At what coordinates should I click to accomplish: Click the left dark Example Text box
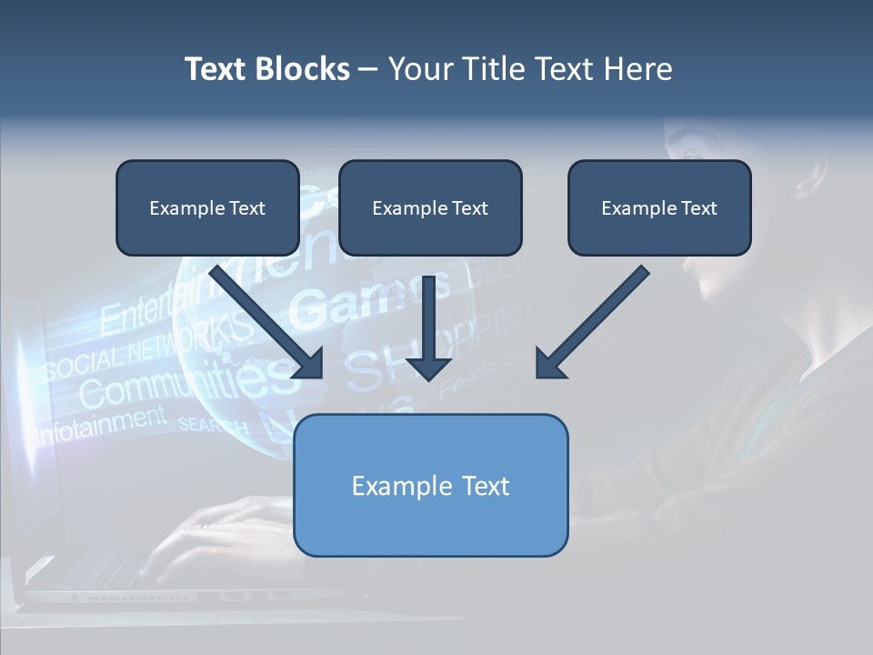[x=207, y=207]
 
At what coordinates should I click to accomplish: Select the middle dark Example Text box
[x=430, y=207]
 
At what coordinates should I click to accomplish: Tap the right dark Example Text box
[x=659, y=207]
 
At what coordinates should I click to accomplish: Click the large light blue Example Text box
[x=430, y=485]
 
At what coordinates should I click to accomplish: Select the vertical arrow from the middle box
[x=428, y=318]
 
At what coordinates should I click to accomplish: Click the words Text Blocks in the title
[x=266, y=69]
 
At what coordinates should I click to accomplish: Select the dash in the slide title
[x=368, y=70]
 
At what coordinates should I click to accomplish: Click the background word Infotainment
[x=100, y=423]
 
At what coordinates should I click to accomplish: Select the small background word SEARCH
[x=213, y=425]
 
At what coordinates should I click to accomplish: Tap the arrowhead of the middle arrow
[x=428, y=368]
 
